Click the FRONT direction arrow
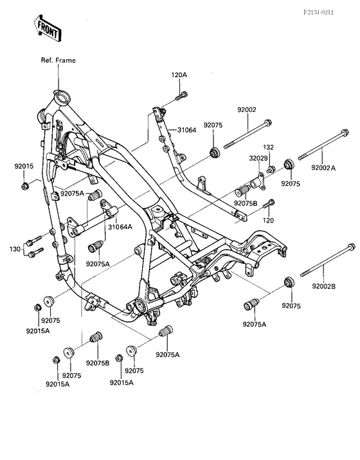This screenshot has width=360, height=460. (x=48, y=28)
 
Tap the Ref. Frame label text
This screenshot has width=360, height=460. (x=58, y=60)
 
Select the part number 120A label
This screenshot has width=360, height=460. (x=179, y=75)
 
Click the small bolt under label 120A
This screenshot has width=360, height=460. (x=181, y=96)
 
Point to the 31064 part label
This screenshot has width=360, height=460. (x=186, y=130)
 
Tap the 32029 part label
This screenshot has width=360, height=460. (x=258, y=158)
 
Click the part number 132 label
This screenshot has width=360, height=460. (x=268, y=147)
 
